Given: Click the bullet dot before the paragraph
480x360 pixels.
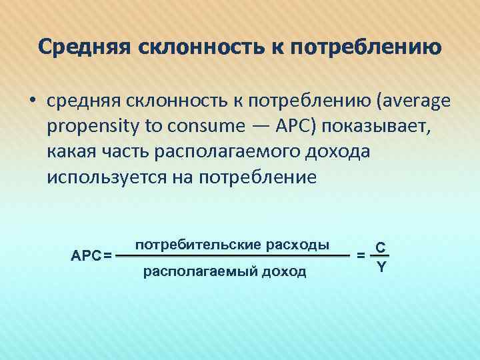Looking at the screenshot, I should point(31,101).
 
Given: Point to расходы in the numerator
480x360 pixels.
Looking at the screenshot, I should point(297,244).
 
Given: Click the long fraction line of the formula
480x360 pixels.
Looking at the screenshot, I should point(233,255).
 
